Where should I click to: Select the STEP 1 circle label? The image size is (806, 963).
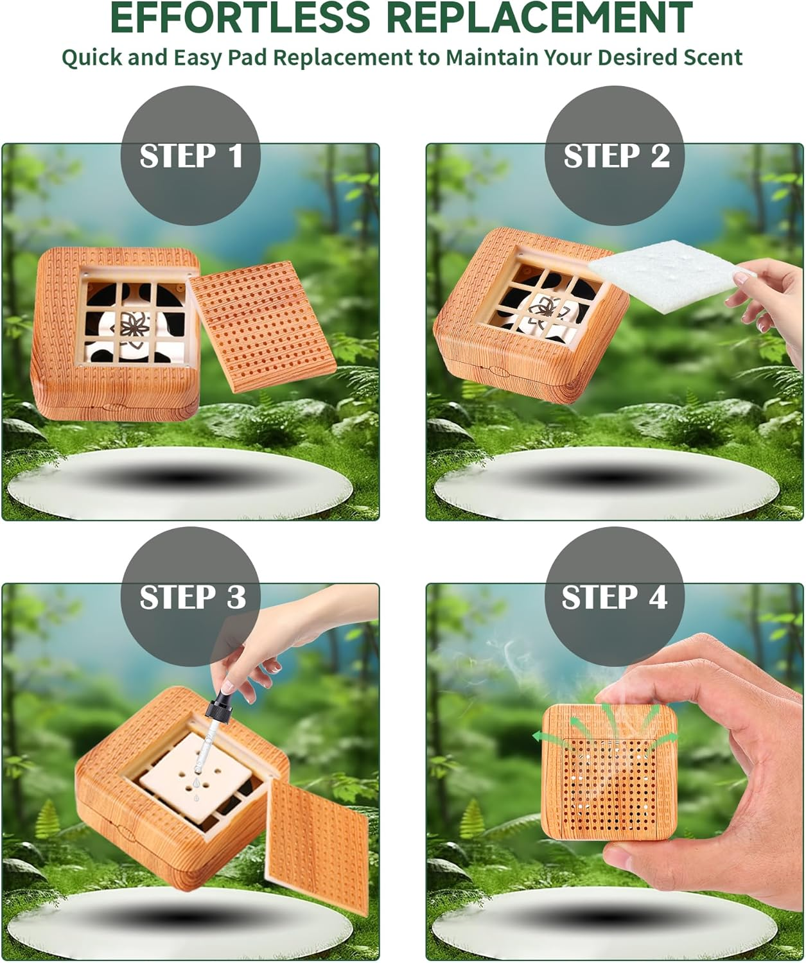click(x=191, y=156)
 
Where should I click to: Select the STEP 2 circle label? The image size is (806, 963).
click(x=615, y=156)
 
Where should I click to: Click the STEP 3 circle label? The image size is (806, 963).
click(x=191, y=597)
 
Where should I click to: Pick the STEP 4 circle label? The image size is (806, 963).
click(x=615, y=597)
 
